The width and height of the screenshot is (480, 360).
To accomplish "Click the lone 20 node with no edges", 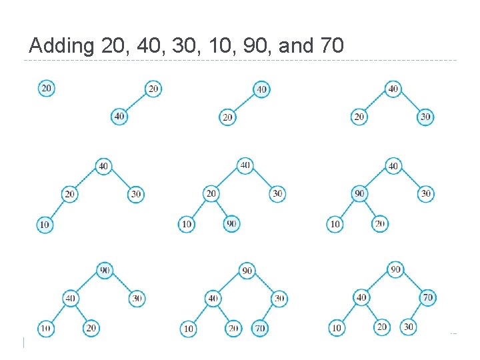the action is click(x=46, y=88).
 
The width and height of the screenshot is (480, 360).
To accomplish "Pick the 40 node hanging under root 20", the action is click(x=119, y=116).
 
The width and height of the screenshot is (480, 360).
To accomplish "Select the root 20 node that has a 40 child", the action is click(x=153, y=89).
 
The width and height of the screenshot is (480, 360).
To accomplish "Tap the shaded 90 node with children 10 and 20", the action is click(x=359, y=194).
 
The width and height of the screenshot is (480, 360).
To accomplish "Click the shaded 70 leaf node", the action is click(x=261, y=328).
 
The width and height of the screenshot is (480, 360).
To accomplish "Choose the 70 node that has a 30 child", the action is click(x=427, y=297).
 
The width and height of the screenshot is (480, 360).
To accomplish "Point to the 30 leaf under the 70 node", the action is click(x=408, y=327).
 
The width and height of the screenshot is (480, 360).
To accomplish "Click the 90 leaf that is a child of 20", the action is click(x=231, y=224).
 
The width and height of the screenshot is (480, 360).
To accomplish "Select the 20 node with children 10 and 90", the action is click(x=211, y=194).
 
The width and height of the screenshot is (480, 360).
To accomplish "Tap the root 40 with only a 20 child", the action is click(x=261, y=89).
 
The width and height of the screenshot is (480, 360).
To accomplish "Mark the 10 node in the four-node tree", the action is click(x=45, y=225).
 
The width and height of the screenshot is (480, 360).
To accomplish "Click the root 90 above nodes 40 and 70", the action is click(x=395, y=269).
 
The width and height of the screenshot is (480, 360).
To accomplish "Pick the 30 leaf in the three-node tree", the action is click(x=425, y=117).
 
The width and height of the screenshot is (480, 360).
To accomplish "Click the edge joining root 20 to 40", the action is click(x=137, y=102).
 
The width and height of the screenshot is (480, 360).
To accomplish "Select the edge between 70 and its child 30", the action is click(x=418, y=312).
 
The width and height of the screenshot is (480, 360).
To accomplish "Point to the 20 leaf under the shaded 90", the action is click(x=379, y=224).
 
